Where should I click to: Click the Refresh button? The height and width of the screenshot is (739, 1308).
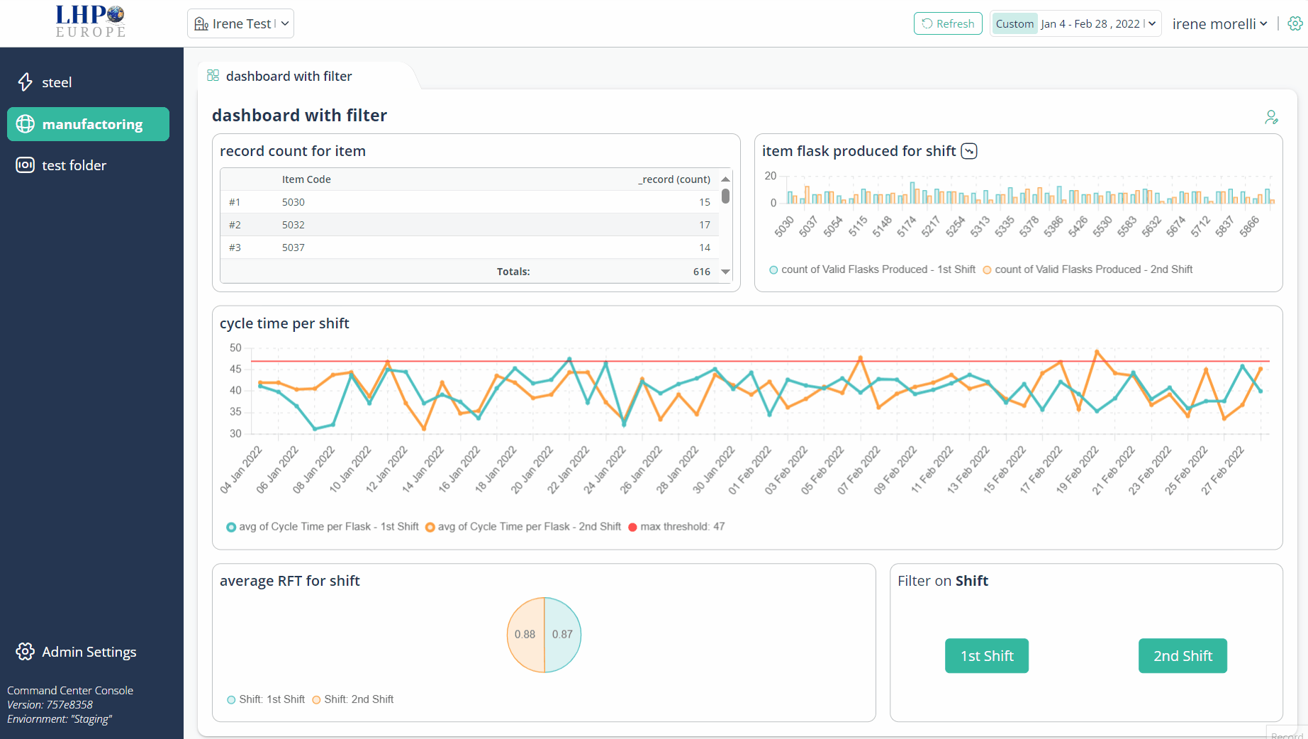point(948,23)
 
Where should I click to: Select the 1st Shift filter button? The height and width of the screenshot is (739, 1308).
point(987,656)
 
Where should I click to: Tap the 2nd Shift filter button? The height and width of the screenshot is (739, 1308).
point(1183,656)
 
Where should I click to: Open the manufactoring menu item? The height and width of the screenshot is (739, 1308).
point(88,124)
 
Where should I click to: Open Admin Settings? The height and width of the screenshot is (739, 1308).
point(76,652)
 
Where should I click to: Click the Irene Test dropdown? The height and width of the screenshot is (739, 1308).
point(241,23)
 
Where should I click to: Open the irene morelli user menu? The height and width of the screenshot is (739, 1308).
point(1219,24)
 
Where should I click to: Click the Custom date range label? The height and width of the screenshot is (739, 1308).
point(1014,24)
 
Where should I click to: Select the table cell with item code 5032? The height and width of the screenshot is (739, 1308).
point(294,225)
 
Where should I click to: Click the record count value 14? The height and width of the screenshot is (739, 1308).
point(705,248)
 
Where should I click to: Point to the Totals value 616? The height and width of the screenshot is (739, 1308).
point(702,272)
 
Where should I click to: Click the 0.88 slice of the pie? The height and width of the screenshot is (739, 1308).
point(525,634)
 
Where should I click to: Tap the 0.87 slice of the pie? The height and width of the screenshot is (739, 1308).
point(563,634)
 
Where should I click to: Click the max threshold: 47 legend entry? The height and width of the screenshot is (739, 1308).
point(676,526)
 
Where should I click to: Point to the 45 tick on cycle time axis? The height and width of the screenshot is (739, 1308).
point(235,369)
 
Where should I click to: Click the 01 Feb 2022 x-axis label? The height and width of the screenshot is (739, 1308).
point(750,469)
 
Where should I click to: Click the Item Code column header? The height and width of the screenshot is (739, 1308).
point(306,179)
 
